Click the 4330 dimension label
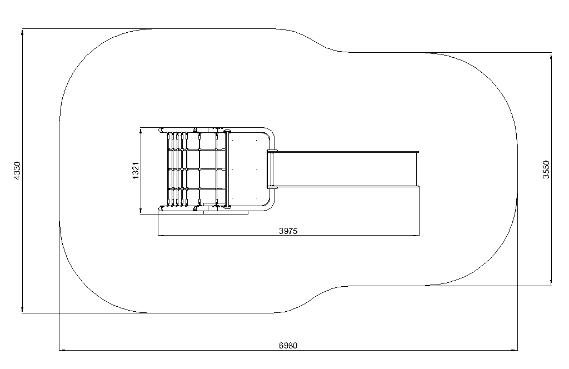click(17, 171)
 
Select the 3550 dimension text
click(546, 169)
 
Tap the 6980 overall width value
click(288, 346)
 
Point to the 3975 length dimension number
click(288, 231)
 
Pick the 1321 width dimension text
click(136, 171)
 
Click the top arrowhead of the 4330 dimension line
click(22, 32)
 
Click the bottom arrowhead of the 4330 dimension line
click(22, 309)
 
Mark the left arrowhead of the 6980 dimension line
click(62, 350)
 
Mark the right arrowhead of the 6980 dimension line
click(514, 350)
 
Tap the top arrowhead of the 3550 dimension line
click(551, 56)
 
